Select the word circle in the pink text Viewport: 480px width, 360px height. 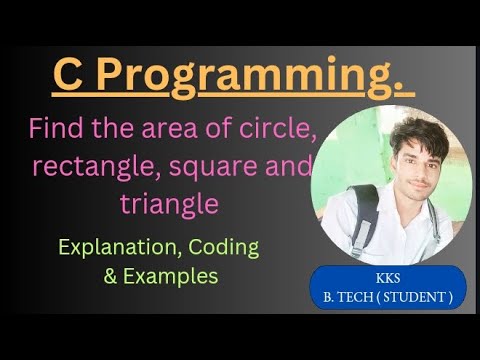283,129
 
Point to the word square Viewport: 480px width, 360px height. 217,167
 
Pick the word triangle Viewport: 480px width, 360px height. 168,204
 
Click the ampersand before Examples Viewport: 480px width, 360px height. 111,276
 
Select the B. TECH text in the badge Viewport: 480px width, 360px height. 352,297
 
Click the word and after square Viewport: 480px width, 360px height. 291,167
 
